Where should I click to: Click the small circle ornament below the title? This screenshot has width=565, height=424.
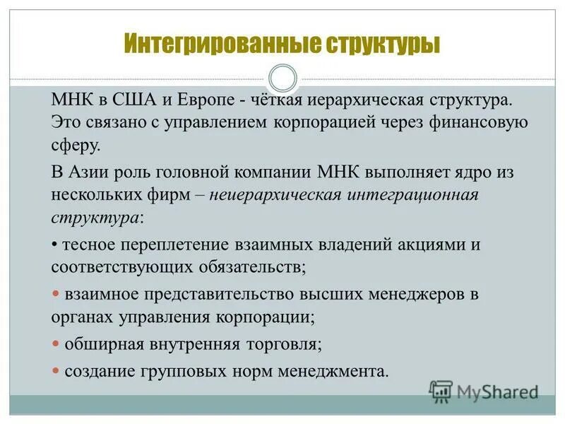pyautogui.click(x=283, y=76)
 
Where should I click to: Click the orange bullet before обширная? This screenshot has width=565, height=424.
pyautogui.click(x=56, y=344)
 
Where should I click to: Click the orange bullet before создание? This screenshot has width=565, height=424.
pyautogui.click(x=56, y=370)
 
